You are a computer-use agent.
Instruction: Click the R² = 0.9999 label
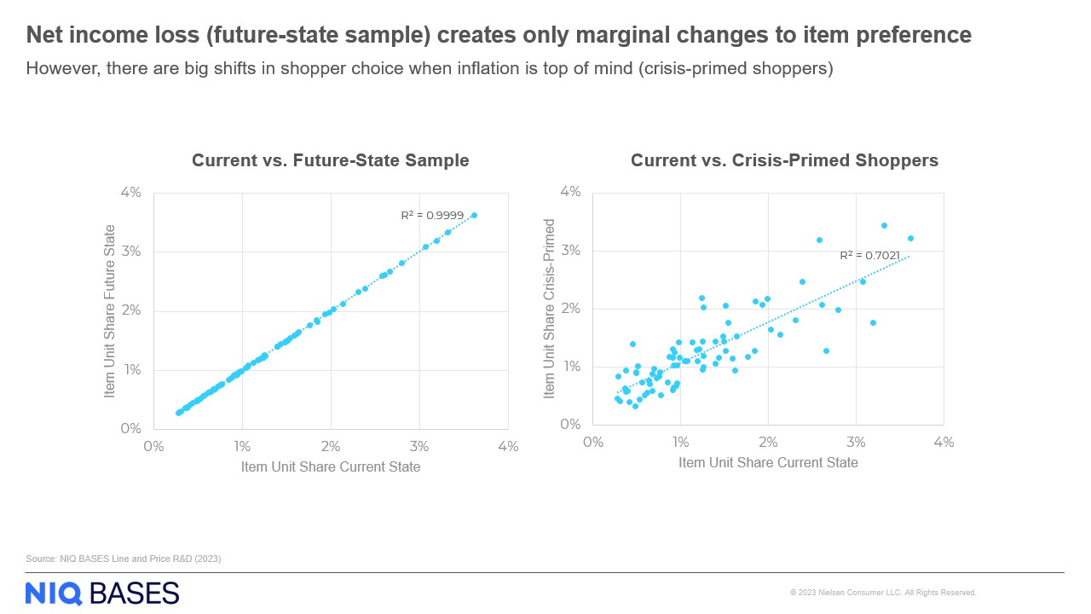[x=432, y=216]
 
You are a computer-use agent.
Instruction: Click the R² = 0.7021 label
[x=870, y=255]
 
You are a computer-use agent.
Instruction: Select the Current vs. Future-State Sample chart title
[x=331, y=160]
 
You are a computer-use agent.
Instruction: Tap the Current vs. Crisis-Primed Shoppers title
[x=784, y=160]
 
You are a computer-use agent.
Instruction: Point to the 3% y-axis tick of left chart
[x=130, y=252]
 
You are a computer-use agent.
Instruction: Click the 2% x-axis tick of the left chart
[x=331, y=446]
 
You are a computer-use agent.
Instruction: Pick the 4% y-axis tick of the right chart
[x=569, y=192]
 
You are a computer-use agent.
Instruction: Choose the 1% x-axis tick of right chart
[x=680, y=443]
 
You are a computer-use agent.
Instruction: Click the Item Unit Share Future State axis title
[x=110, y=310]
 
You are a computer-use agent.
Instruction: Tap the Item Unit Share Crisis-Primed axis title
[x=549, y=309]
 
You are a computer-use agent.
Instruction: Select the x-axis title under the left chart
[x=331, y=466]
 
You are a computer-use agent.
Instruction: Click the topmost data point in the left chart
[x=474, y=216]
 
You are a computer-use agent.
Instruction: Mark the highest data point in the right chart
[x=884, y=225]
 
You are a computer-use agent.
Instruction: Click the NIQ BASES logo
[x=102, y=593]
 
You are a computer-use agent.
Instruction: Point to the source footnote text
[x=124, y=559]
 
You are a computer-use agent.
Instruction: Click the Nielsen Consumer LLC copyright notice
[x=883, y=593]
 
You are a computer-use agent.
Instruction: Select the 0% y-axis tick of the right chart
[x=569, y=425]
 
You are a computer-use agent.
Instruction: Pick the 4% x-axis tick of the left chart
[x=508, y=446]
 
